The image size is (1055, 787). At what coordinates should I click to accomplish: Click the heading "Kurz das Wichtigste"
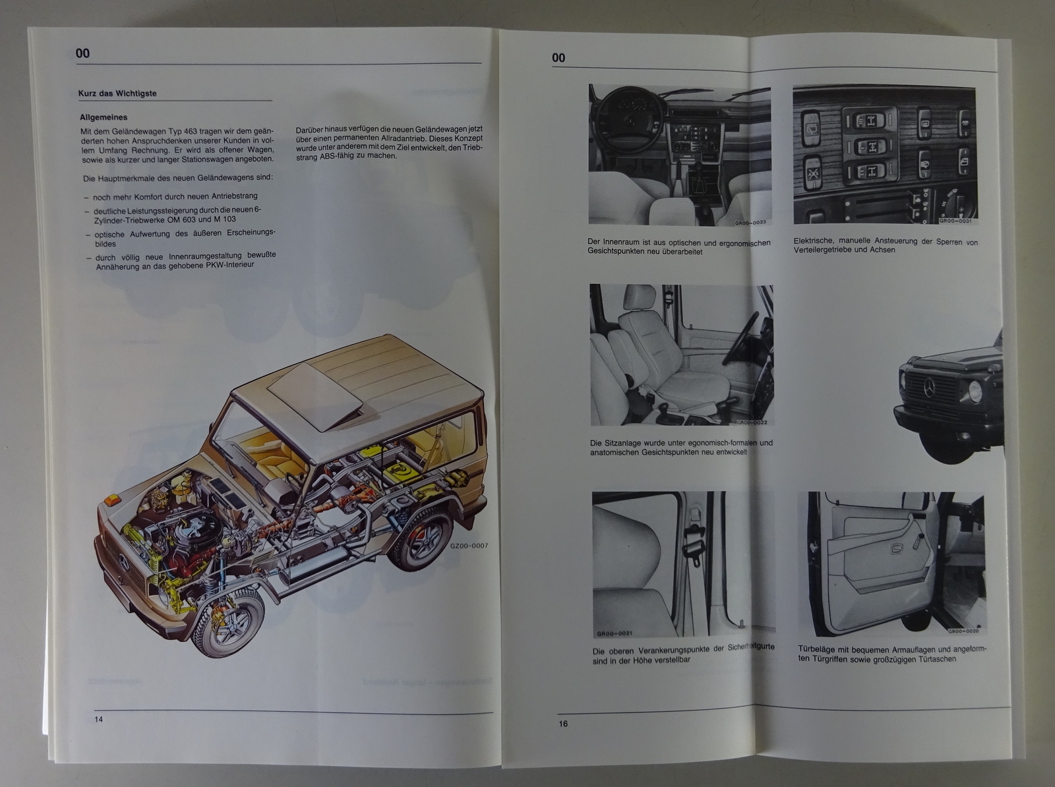[117, 93]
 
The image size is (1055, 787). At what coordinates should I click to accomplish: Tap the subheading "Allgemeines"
[104, 117]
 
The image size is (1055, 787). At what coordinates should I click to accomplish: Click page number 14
[98, 719]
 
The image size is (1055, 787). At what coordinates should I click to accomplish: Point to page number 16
[563, 724]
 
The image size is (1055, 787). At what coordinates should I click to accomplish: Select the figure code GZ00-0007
[469, 545]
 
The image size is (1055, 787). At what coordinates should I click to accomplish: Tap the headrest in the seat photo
[639, 297]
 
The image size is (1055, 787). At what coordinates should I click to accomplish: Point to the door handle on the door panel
[897, 548]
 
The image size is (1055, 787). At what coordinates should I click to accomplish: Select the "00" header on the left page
[82, 53]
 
